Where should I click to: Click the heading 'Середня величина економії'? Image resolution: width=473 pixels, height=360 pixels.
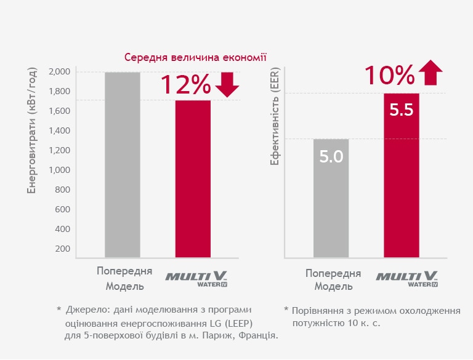195,58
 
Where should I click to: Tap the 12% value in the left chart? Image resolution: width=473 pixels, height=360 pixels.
185,85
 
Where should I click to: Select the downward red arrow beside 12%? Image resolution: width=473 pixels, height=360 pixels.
227,85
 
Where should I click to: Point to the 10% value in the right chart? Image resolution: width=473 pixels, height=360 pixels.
389,75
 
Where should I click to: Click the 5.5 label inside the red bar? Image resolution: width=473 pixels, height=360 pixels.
401,111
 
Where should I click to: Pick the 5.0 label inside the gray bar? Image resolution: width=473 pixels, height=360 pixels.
331,156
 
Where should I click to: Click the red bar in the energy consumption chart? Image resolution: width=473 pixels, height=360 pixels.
193,178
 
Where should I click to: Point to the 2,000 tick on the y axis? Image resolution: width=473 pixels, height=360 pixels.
59,72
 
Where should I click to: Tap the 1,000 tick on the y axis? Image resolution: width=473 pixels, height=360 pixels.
59,170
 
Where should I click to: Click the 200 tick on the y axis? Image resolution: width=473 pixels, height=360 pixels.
62,249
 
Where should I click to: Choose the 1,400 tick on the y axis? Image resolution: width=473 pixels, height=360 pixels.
59,131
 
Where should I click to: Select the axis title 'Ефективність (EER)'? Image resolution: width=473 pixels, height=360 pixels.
275,122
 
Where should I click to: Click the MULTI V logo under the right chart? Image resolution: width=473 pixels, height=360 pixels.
407,278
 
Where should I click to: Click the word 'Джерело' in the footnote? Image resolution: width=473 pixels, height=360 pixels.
86,309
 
